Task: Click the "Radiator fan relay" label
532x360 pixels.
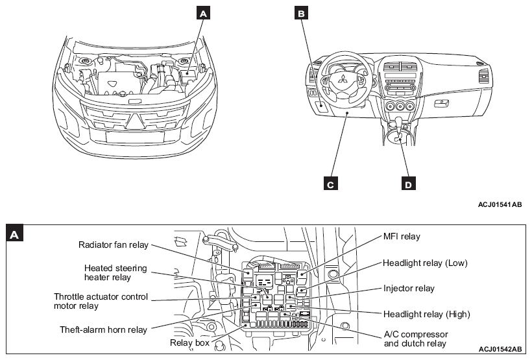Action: tap(114, 245)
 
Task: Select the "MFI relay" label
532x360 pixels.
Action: tap(401, 237)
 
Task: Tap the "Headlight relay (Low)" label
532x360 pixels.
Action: tap(424, 263)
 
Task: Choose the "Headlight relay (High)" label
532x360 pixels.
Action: tap(426, 314)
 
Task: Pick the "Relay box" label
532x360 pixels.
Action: tap(189, 342)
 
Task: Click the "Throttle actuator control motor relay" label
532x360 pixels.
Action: tap(101, 302)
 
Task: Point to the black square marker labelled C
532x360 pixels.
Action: tap(330, 184)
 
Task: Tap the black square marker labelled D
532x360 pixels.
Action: tap(408, 184)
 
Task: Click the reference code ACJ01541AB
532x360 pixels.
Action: tap(498, 205)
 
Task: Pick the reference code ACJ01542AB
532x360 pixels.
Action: tap(498, 348)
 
